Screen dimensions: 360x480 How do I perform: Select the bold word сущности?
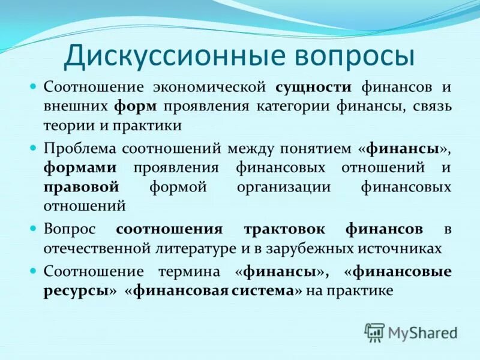[x=313, y=86]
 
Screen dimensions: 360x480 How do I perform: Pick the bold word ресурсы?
[x=76, y=291]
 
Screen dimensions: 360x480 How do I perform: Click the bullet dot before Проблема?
[x=34, y=147]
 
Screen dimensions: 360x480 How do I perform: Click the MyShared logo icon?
[x=375, y=332]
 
